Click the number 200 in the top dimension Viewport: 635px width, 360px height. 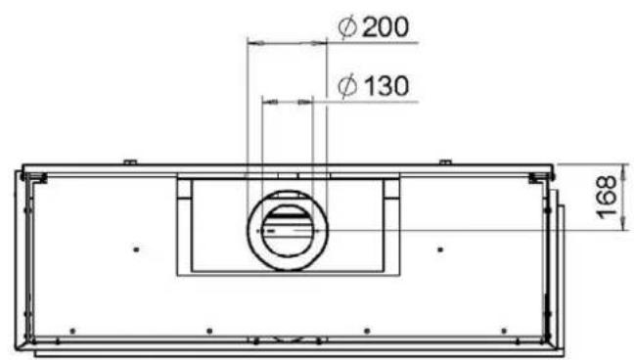(x=386, y=27)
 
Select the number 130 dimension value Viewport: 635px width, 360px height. (x=386, y=86)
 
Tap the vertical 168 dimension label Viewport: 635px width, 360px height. (x=607, y=197)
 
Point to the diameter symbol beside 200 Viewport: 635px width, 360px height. (x=347, y=27)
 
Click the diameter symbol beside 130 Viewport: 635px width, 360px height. (x=347, y=86)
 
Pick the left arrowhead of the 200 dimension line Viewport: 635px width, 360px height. (x=256, y=42)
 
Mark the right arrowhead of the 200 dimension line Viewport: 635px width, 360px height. (x=318, y=42)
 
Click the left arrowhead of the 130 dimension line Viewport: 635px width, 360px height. (x=270, y=103)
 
